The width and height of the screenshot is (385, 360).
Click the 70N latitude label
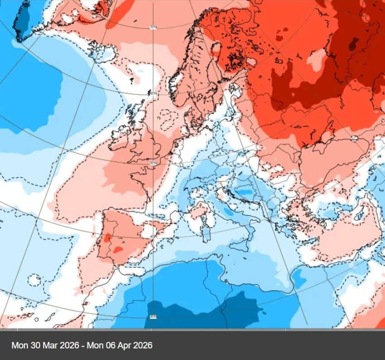coord(153,27)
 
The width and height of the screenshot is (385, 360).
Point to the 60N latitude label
coord(153,93)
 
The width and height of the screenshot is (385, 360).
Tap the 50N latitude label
coord(153,162)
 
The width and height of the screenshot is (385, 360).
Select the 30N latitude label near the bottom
coord(153,317)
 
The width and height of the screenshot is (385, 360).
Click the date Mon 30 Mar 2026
coord(44,345)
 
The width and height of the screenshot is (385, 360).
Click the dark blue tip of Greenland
coord(22,20)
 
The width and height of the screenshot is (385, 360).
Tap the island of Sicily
coord(236,245)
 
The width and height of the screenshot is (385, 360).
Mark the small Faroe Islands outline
coord(131,81)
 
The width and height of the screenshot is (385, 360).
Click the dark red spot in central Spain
coord(118,249)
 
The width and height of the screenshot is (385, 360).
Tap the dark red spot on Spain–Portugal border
coord(107,238)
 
